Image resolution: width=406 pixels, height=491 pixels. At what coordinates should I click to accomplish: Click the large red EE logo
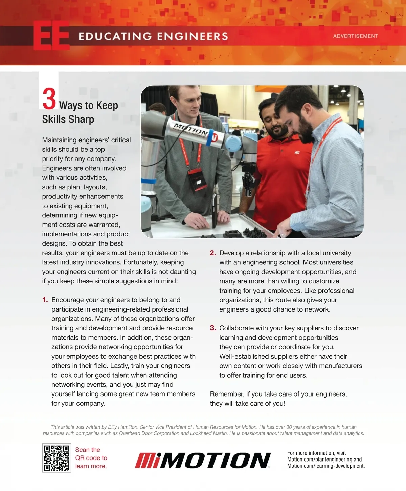pos(52,36)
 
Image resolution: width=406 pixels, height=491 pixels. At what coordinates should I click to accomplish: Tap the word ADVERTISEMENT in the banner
pos(356,36)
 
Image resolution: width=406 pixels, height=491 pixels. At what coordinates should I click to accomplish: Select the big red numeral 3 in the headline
pos(49,99)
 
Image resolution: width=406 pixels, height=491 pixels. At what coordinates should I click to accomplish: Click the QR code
pos(57,458)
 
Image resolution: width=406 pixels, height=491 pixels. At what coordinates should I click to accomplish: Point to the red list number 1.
pos(45,300)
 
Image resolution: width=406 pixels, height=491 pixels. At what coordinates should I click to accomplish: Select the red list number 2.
pos(212,253)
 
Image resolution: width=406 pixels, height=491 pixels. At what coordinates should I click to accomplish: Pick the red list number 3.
pos(213,328)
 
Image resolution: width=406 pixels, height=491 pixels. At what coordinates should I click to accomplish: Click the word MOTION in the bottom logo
pos(216,460)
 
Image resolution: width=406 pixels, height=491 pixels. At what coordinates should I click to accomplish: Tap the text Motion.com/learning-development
pos(326,466)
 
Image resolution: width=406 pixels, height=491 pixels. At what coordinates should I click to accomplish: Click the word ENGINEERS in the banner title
pos(193,36)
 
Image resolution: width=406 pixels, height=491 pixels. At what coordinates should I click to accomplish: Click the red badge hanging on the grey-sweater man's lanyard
pos(198,180)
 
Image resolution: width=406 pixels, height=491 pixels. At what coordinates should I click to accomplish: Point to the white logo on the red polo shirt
pos(297,153)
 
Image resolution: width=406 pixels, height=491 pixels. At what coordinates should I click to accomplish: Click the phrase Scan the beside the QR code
pos(88,450)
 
